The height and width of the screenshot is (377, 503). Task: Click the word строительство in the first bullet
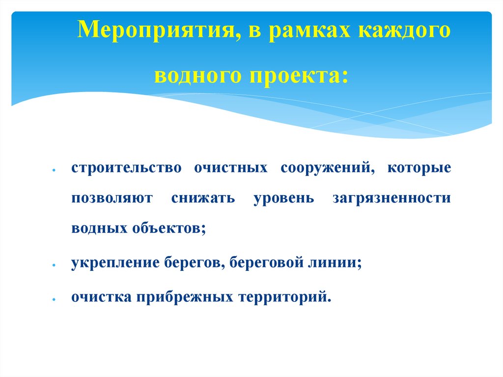click(x=126, y=168)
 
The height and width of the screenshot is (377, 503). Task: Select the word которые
click(x=419, y=168)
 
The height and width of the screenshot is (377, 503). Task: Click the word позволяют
click(x=112, y=199)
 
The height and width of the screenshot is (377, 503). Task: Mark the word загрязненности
click(x=391, y=199)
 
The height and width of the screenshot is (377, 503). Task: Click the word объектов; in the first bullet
click(x=168, y=229)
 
